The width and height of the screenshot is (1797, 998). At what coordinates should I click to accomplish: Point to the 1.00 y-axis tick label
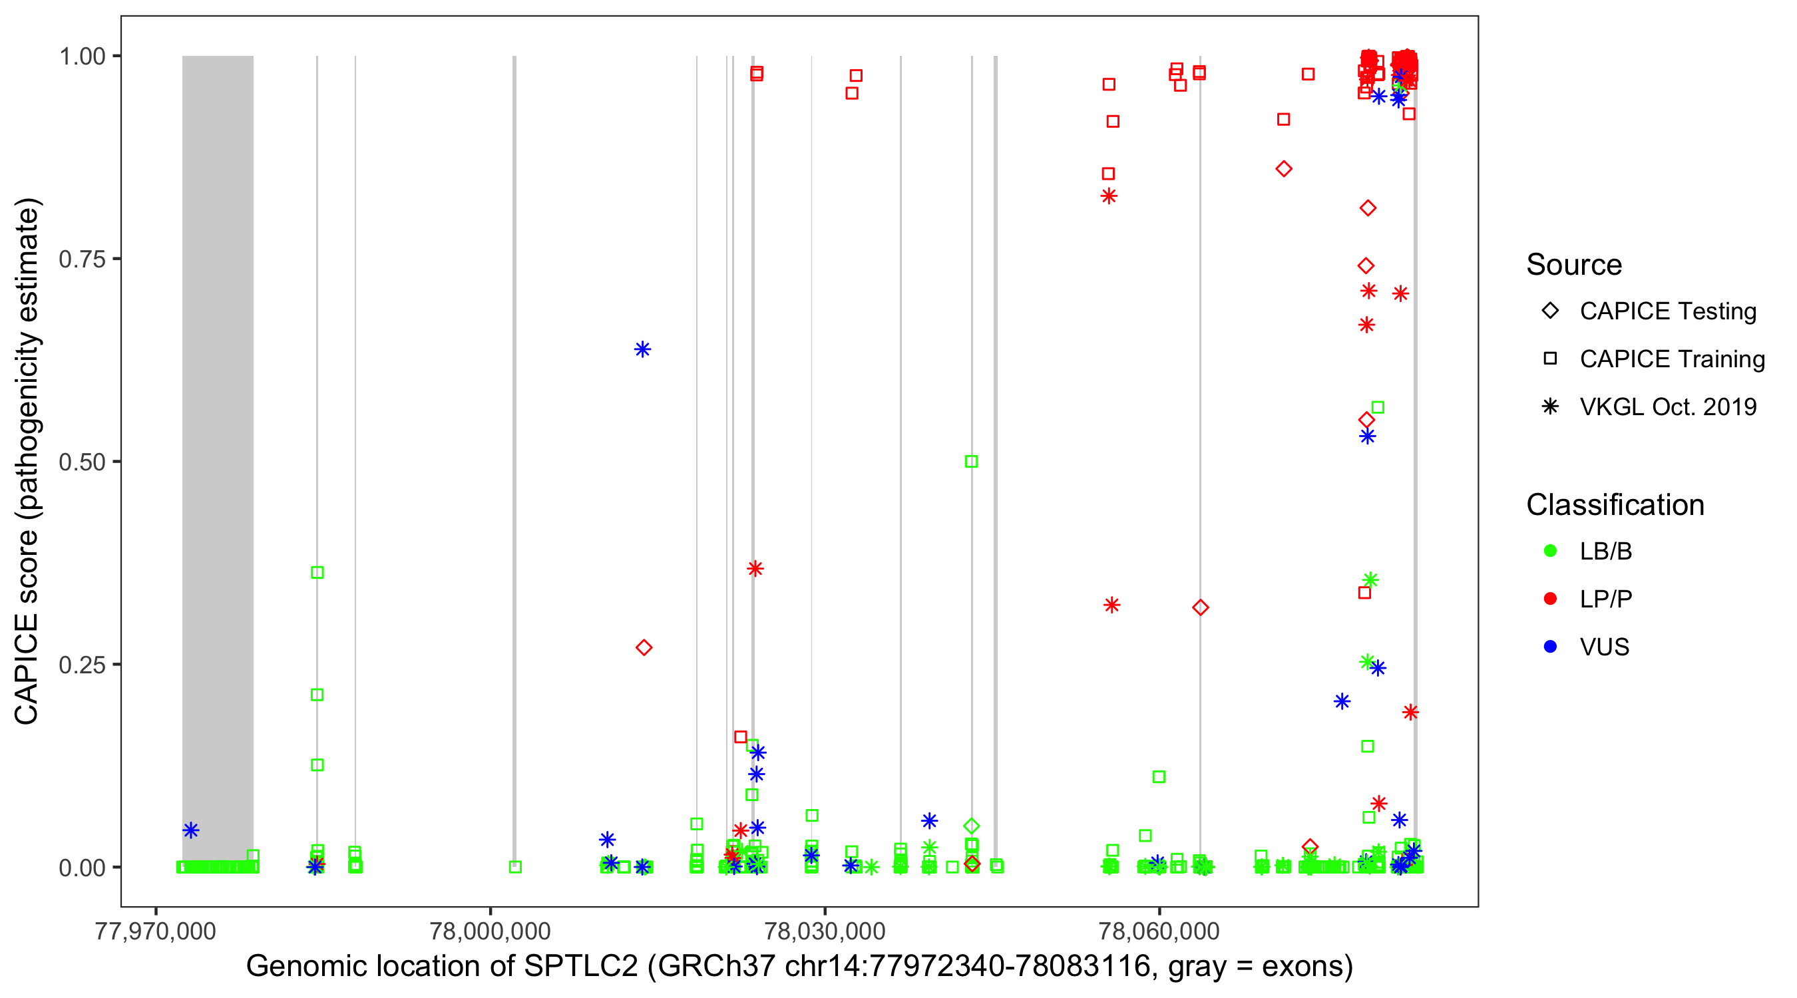coord(82,57)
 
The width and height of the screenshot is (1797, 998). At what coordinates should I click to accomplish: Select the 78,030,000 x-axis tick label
coord(825,931)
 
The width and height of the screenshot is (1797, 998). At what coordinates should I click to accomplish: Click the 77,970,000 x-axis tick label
coord(155,931)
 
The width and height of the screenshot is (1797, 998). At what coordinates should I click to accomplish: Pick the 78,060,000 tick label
coord(1159,931)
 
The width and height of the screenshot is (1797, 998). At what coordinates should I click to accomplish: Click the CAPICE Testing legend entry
coord(1667,311)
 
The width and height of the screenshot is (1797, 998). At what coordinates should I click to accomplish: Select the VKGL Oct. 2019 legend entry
coord(1667,407)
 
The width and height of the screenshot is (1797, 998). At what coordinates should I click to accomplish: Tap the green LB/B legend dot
coord(1550,551)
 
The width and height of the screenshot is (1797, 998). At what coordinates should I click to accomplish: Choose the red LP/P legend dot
coord(1550,599)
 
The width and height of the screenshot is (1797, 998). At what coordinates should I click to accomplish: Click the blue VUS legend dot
coord(1550,647)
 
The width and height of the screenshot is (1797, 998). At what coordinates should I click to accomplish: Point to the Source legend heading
coord(1574,265)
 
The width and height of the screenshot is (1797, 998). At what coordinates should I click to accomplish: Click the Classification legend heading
coord(1615,505)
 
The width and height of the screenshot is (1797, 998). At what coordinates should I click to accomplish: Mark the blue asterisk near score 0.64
coord(642,349)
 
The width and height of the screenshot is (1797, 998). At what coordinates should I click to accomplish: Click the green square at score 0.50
coord(971,462)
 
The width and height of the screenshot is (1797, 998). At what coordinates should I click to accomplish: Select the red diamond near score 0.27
coord(644,648)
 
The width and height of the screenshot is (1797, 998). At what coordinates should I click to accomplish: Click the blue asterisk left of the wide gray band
coord(191,830)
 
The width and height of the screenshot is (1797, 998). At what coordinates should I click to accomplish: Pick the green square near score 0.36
coord(317,573)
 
